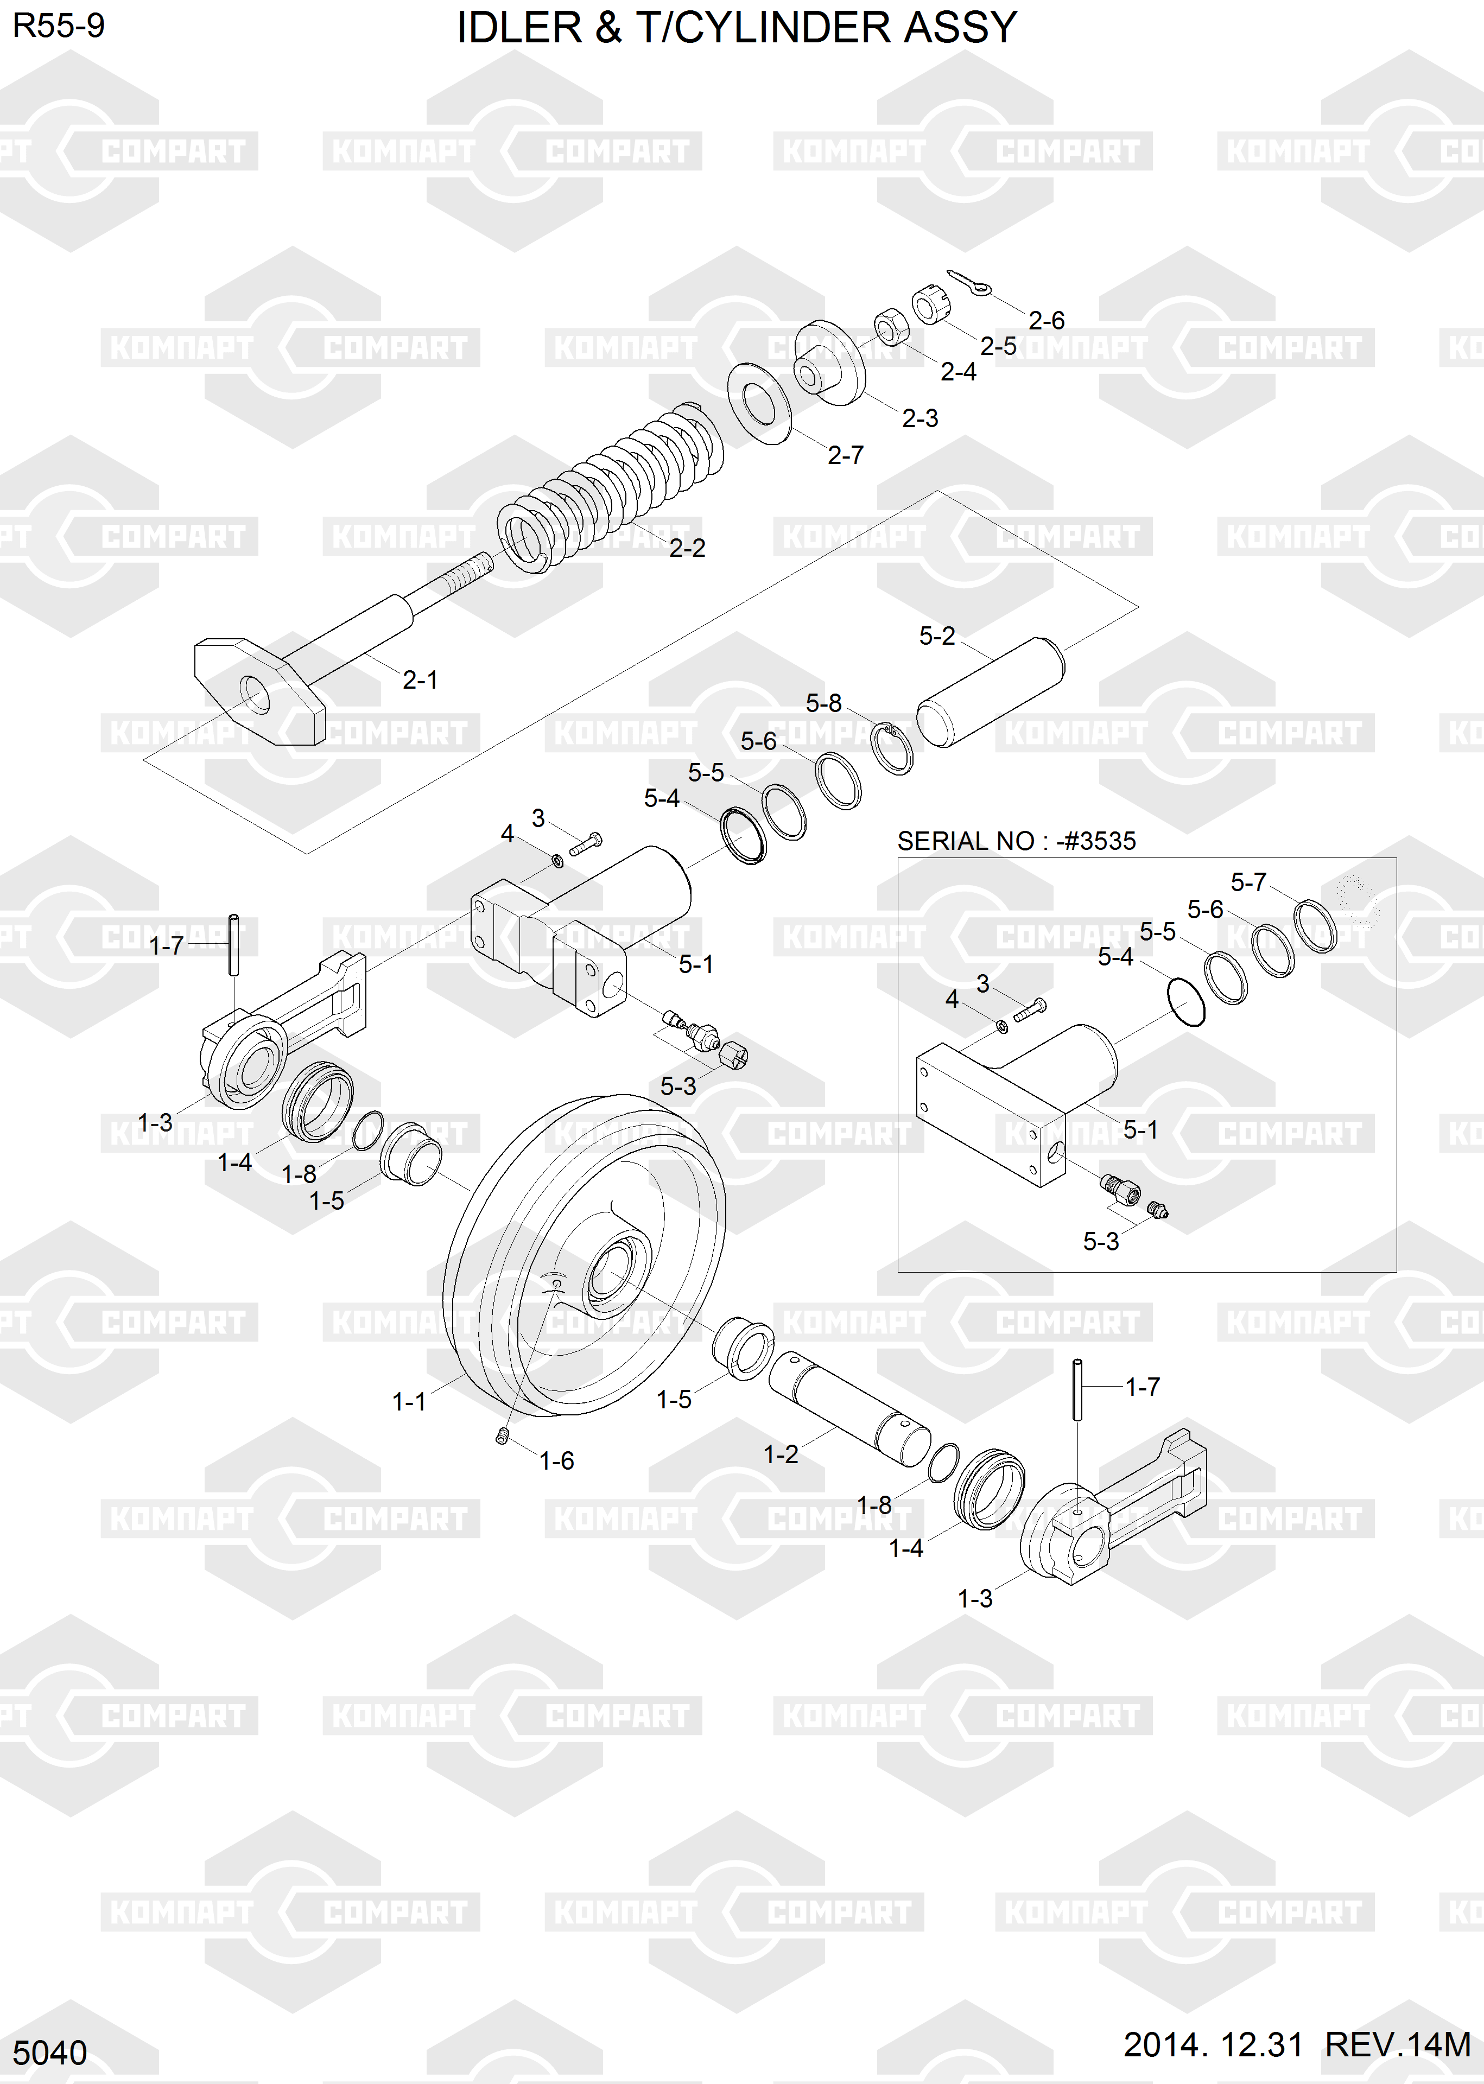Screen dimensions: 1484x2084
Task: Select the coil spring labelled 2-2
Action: [611, 489]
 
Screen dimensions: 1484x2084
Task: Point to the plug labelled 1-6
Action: [502, 1436]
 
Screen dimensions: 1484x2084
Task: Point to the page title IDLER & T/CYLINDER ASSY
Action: [737, 28]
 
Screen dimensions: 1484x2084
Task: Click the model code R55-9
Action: [59, 26]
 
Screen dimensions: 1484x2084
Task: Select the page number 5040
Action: [50, 2053]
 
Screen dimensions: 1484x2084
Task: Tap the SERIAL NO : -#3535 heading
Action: [1016, 841]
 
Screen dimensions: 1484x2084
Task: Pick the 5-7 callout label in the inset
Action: [1248, 882]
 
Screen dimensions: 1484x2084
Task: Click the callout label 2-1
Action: [420, 680]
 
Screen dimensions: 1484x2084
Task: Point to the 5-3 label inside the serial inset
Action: [1101, 1241]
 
